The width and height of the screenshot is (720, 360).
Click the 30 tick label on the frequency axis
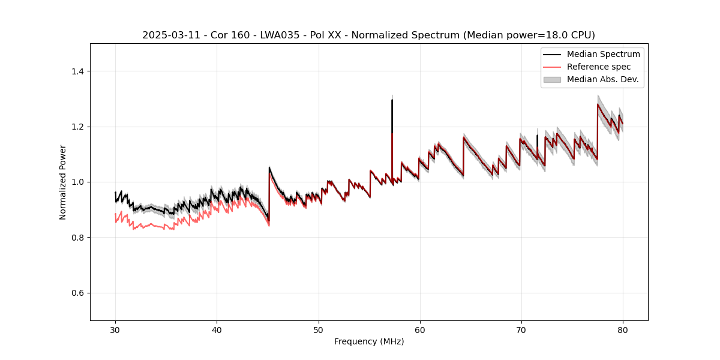(x=115, y=329)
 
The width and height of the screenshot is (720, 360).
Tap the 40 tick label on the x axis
(x=217, y=329)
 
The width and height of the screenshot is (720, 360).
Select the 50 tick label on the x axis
(x=318, y=329)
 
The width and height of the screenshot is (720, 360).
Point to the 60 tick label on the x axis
(x=419, y=329)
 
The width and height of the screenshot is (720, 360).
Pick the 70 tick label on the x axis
(x=521, y=329)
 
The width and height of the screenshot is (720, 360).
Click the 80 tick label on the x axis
(x=622, y=329)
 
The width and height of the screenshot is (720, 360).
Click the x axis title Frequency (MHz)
(x=369, y=341)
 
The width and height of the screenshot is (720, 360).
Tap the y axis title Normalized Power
(x=63, y=182)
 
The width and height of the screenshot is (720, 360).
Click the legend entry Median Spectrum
(x=603, y=54)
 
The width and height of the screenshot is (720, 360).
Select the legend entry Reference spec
(x=599, y=67)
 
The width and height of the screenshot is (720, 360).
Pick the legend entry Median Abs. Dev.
(x=602, y=79)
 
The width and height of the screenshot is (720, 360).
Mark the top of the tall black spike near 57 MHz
(x=392, y=100)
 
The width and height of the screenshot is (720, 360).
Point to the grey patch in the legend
(x=552, y=79)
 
